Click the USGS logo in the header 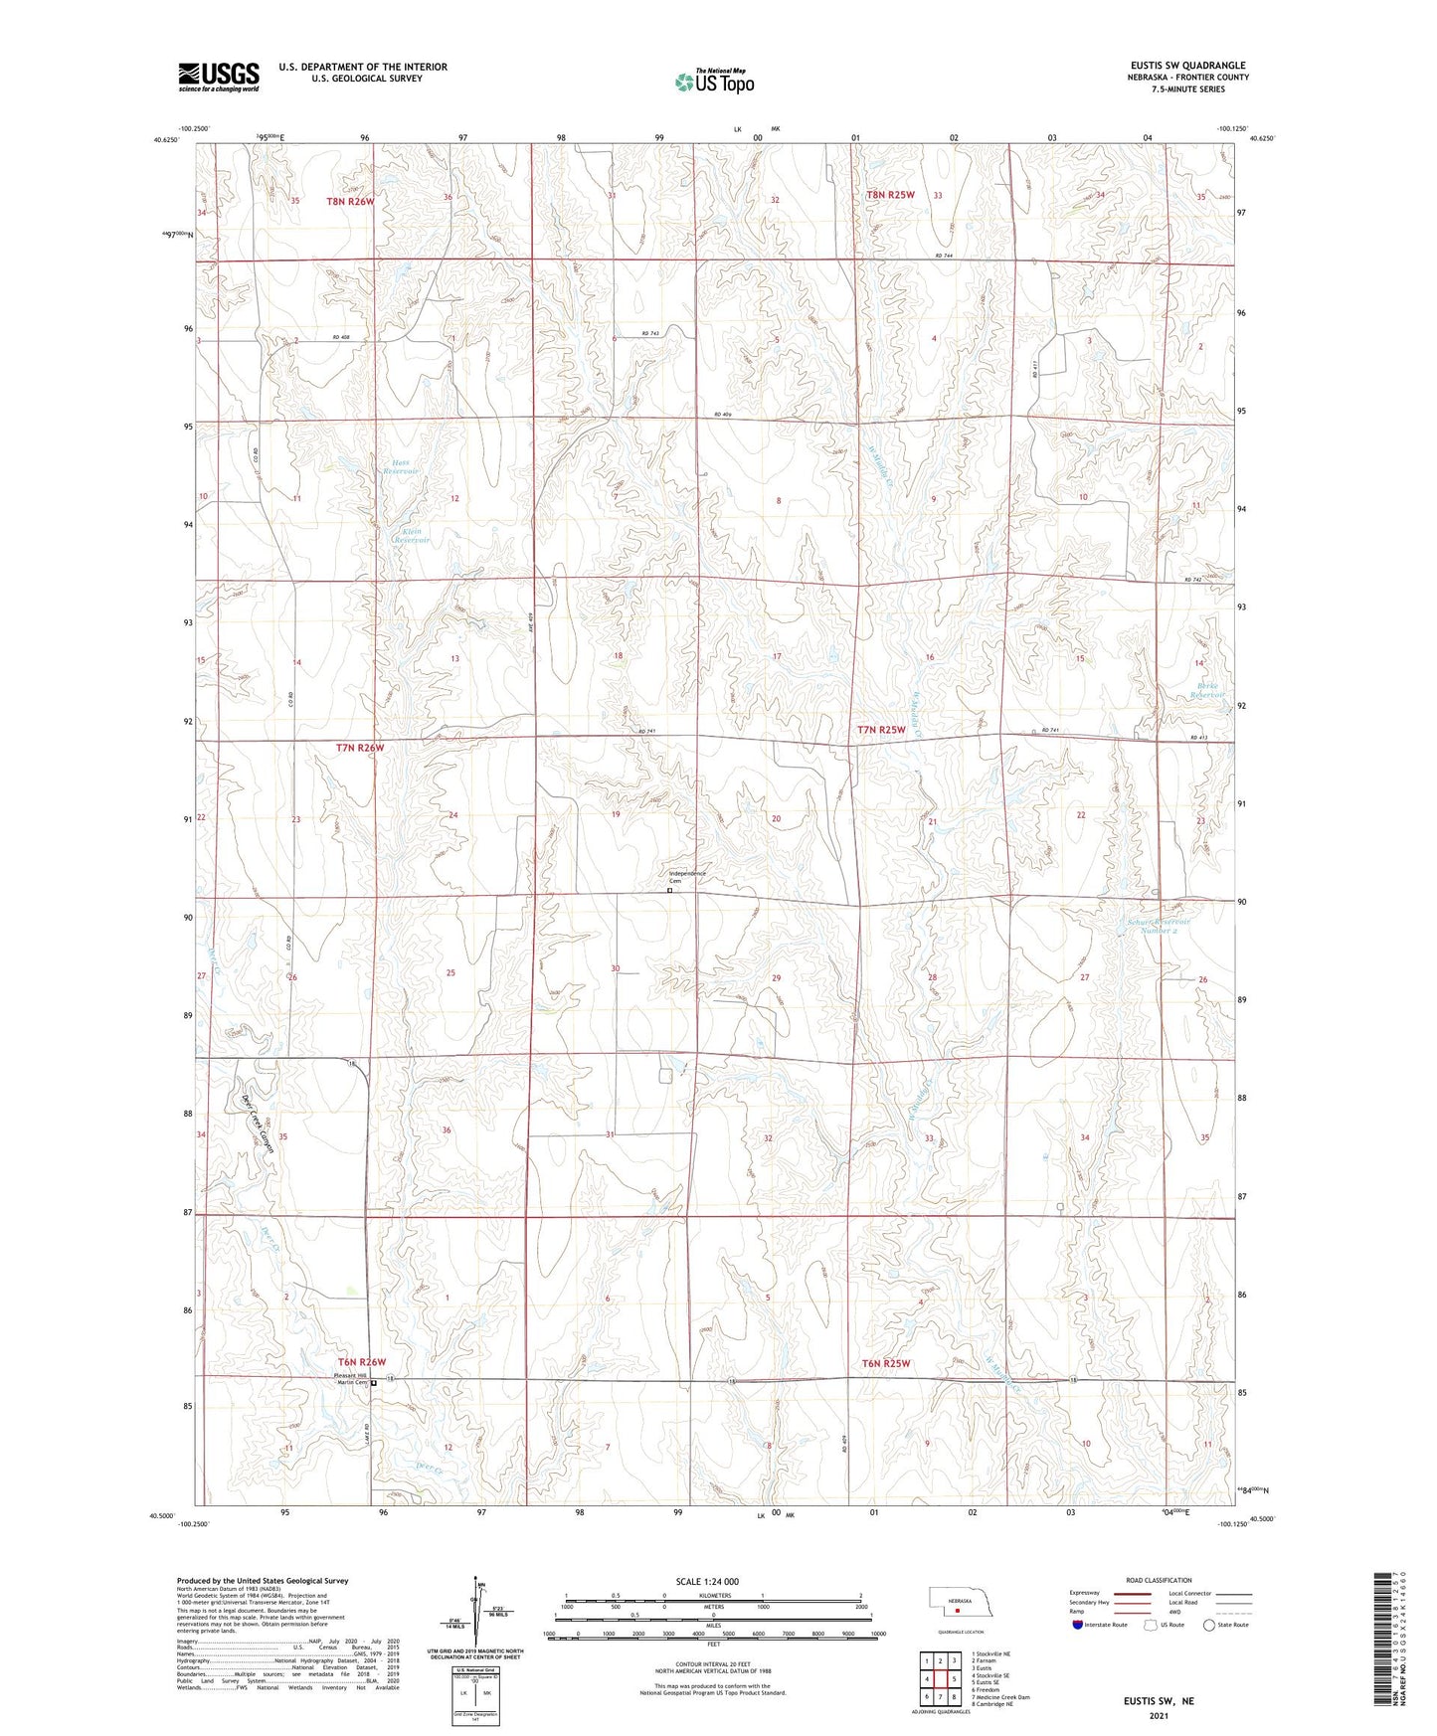click(218, 77)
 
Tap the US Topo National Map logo click(713, 82)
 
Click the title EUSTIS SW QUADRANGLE click(1180, 66)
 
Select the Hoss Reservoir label click(400, 465)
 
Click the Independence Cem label click(686, 876)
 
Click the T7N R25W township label click(881, 730)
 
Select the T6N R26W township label click(361, 1361)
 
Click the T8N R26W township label click(350, 202)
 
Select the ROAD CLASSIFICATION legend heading click(1160, 1580)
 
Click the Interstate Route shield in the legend click(1078, 1625)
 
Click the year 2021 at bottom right click(1158, 1715)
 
